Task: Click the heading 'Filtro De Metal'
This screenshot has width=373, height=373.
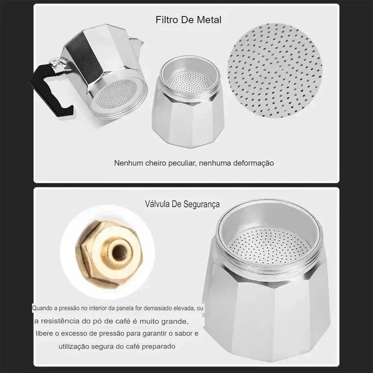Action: coord(188,20)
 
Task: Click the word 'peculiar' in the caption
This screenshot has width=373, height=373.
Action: coord(181,163)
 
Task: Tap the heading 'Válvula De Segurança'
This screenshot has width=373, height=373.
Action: coord(182,204)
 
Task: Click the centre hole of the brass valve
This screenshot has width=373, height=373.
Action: coord(119,253)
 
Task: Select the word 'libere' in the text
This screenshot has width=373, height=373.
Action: coord(44,333)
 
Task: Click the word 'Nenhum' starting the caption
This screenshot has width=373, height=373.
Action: coord(126,163)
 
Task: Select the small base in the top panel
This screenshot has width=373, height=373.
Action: coord(188,108)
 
